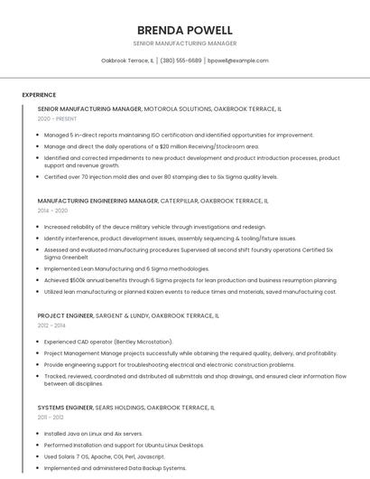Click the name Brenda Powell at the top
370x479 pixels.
(184, 30)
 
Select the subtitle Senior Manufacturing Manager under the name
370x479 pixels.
(184, 43)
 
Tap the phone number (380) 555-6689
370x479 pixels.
(180, 61)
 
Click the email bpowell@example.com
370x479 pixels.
(237, 61)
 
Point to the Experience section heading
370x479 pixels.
(39, 95)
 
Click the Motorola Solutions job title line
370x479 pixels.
(160, 108)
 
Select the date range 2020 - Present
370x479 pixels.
(57, 119)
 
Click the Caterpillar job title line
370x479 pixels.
(153, 200)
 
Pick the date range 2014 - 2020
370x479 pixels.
(52, 211)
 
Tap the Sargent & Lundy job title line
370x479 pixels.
(128, 316)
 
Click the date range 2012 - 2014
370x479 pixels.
(51, 325)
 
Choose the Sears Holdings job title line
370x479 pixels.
(126, 408)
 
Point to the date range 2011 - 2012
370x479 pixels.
(51, 417)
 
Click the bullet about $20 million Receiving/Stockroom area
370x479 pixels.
(151, 146)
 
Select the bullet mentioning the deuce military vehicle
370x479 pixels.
(154, 227)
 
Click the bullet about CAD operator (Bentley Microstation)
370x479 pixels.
(107, 343)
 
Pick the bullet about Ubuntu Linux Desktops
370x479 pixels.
(124, 445)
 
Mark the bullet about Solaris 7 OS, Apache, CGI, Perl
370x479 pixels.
(117, 456)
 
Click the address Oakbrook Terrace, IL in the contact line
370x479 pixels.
(126, 61)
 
